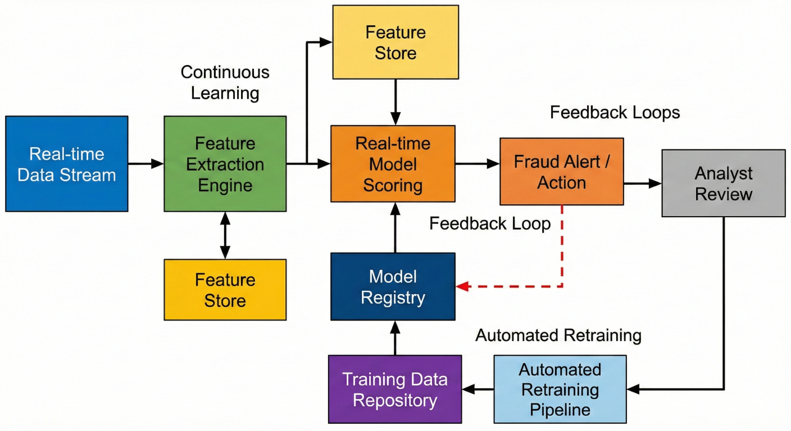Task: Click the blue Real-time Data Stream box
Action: point(67,164)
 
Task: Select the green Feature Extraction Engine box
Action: point(225,164)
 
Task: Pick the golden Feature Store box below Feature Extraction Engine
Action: point(225,290)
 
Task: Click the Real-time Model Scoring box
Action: point(393,164)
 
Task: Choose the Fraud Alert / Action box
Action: point(561,172)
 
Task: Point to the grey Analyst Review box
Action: point(724,183)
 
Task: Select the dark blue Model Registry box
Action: point(393,286)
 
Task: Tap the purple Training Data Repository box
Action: point(395,389)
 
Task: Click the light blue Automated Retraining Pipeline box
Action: point(560,389)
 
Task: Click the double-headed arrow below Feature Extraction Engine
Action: point(225,235)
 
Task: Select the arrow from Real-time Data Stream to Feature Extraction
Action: point(146,164)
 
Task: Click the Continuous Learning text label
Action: point(225,82)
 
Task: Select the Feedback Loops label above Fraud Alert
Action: point(615,113)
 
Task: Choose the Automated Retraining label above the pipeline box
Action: point(558,336)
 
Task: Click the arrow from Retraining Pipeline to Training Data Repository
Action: point(478,388)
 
